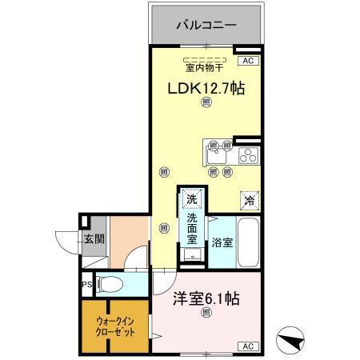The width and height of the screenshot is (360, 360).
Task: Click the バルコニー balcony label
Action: point(206,26)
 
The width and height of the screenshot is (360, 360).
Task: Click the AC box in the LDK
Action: point(246,60)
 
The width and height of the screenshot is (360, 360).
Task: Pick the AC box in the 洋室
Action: point(247,346)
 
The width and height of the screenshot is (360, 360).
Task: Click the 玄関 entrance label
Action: point(94,238)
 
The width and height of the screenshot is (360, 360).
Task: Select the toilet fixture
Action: point(111,283)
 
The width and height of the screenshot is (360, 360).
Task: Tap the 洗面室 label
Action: point(192,227)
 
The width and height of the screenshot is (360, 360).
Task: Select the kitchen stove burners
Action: point(247,153)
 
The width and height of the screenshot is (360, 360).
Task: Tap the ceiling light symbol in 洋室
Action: point(206,312)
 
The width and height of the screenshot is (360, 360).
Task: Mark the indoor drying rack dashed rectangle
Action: point(206,60)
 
